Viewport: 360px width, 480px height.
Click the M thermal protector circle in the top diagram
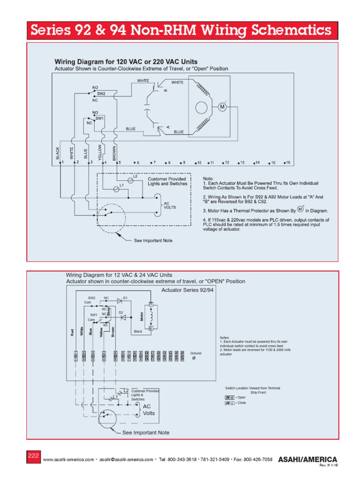tap(223, 107)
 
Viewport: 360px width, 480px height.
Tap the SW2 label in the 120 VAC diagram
tap(101, 94)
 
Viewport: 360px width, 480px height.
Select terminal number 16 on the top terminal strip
tap(287, 163)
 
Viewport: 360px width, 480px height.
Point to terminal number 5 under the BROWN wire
tap(118, 163)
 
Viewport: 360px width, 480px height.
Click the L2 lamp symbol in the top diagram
tap(131, 180)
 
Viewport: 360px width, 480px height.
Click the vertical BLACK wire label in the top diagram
tap(58, 153)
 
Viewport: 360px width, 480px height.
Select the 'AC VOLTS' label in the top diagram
tap(169, 205)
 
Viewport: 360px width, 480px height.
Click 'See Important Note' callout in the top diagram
tap(153, 240)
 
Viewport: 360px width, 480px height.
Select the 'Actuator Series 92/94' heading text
tap(187, 290)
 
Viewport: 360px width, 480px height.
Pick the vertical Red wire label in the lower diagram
tap(72, 332)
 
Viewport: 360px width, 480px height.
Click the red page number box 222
tap(34, 456)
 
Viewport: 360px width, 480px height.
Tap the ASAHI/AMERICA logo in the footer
tap(307, 459)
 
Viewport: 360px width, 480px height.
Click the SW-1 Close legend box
tap(230, 402)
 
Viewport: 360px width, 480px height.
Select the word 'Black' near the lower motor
tap(138, 331)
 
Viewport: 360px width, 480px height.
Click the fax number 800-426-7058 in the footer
tap(255, 460)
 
